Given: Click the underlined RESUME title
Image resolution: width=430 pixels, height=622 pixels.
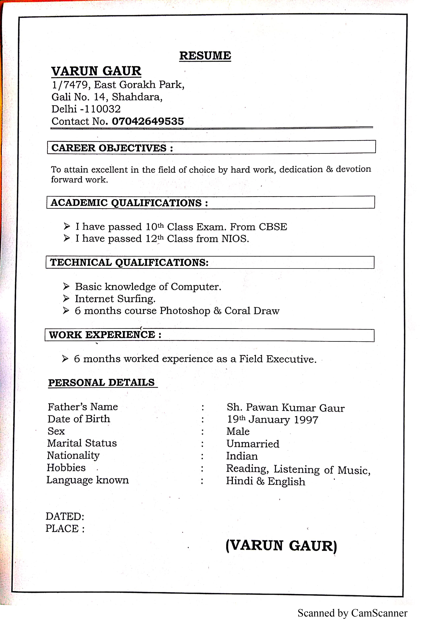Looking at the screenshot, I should point(205,56).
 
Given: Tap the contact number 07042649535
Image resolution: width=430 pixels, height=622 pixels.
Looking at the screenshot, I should point(148,121).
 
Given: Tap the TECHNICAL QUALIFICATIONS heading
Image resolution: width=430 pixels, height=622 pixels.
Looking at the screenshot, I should point(129,263).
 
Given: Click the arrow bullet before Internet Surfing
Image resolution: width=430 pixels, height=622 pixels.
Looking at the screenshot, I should point(66,299).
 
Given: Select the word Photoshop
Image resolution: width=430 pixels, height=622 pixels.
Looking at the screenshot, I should point(185,311).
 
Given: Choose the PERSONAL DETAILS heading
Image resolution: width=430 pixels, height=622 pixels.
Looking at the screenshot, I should point(102,383).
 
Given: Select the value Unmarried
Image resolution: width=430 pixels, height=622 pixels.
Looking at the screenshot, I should point(253,444).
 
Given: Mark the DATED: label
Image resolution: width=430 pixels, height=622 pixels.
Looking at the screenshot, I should point(65,516).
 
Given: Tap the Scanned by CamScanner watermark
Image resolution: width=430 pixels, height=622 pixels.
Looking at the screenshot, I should point(352,613).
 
